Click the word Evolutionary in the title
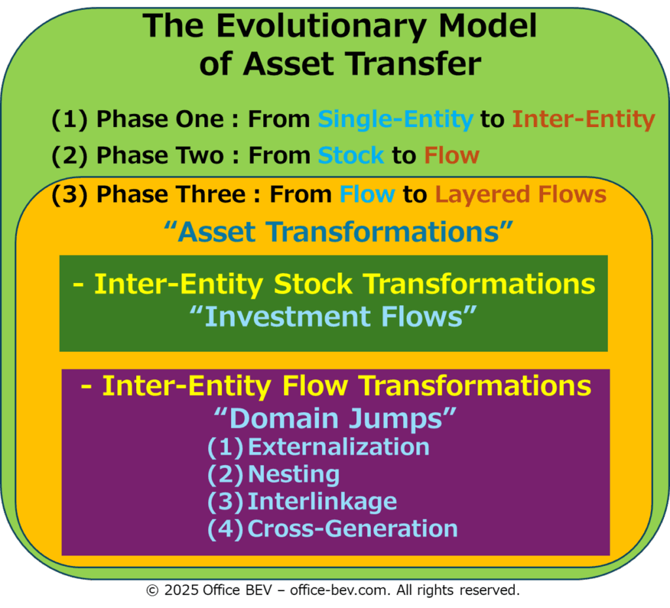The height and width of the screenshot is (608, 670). (321, 27)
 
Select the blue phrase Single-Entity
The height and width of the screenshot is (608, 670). (396, 119)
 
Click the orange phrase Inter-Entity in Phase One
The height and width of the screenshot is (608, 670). (584, 119)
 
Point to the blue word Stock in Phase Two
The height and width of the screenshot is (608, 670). (351, 155)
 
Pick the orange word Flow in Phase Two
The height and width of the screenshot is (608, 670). (451, 155)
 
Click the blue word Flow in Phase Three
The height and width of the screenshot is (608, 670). (368, 195)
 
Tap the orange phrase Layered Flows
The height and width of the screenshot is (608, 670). (521, 195)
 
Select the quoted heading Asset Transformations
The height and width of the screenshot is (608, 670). (338, 233)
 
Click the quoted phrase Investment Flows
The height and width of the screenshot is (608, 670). (333, 316)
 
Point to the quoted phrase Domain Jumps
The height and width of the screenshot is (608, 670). (335, 419)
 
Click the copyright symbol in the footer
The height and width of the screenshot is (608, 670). (152, 591)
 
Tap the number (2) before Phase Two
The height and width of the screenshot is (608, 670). (69, 156)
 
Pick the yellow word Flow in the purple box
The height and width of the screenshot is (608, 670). (315, 386)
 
